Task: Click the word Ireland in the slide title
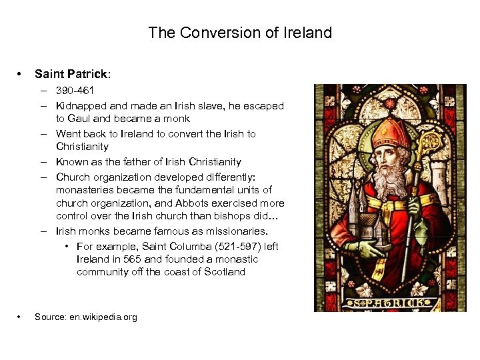(x=304, y=32)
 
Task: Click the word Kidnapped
(x=81, y=106)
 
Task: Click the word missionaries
(x=235, y=231)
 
